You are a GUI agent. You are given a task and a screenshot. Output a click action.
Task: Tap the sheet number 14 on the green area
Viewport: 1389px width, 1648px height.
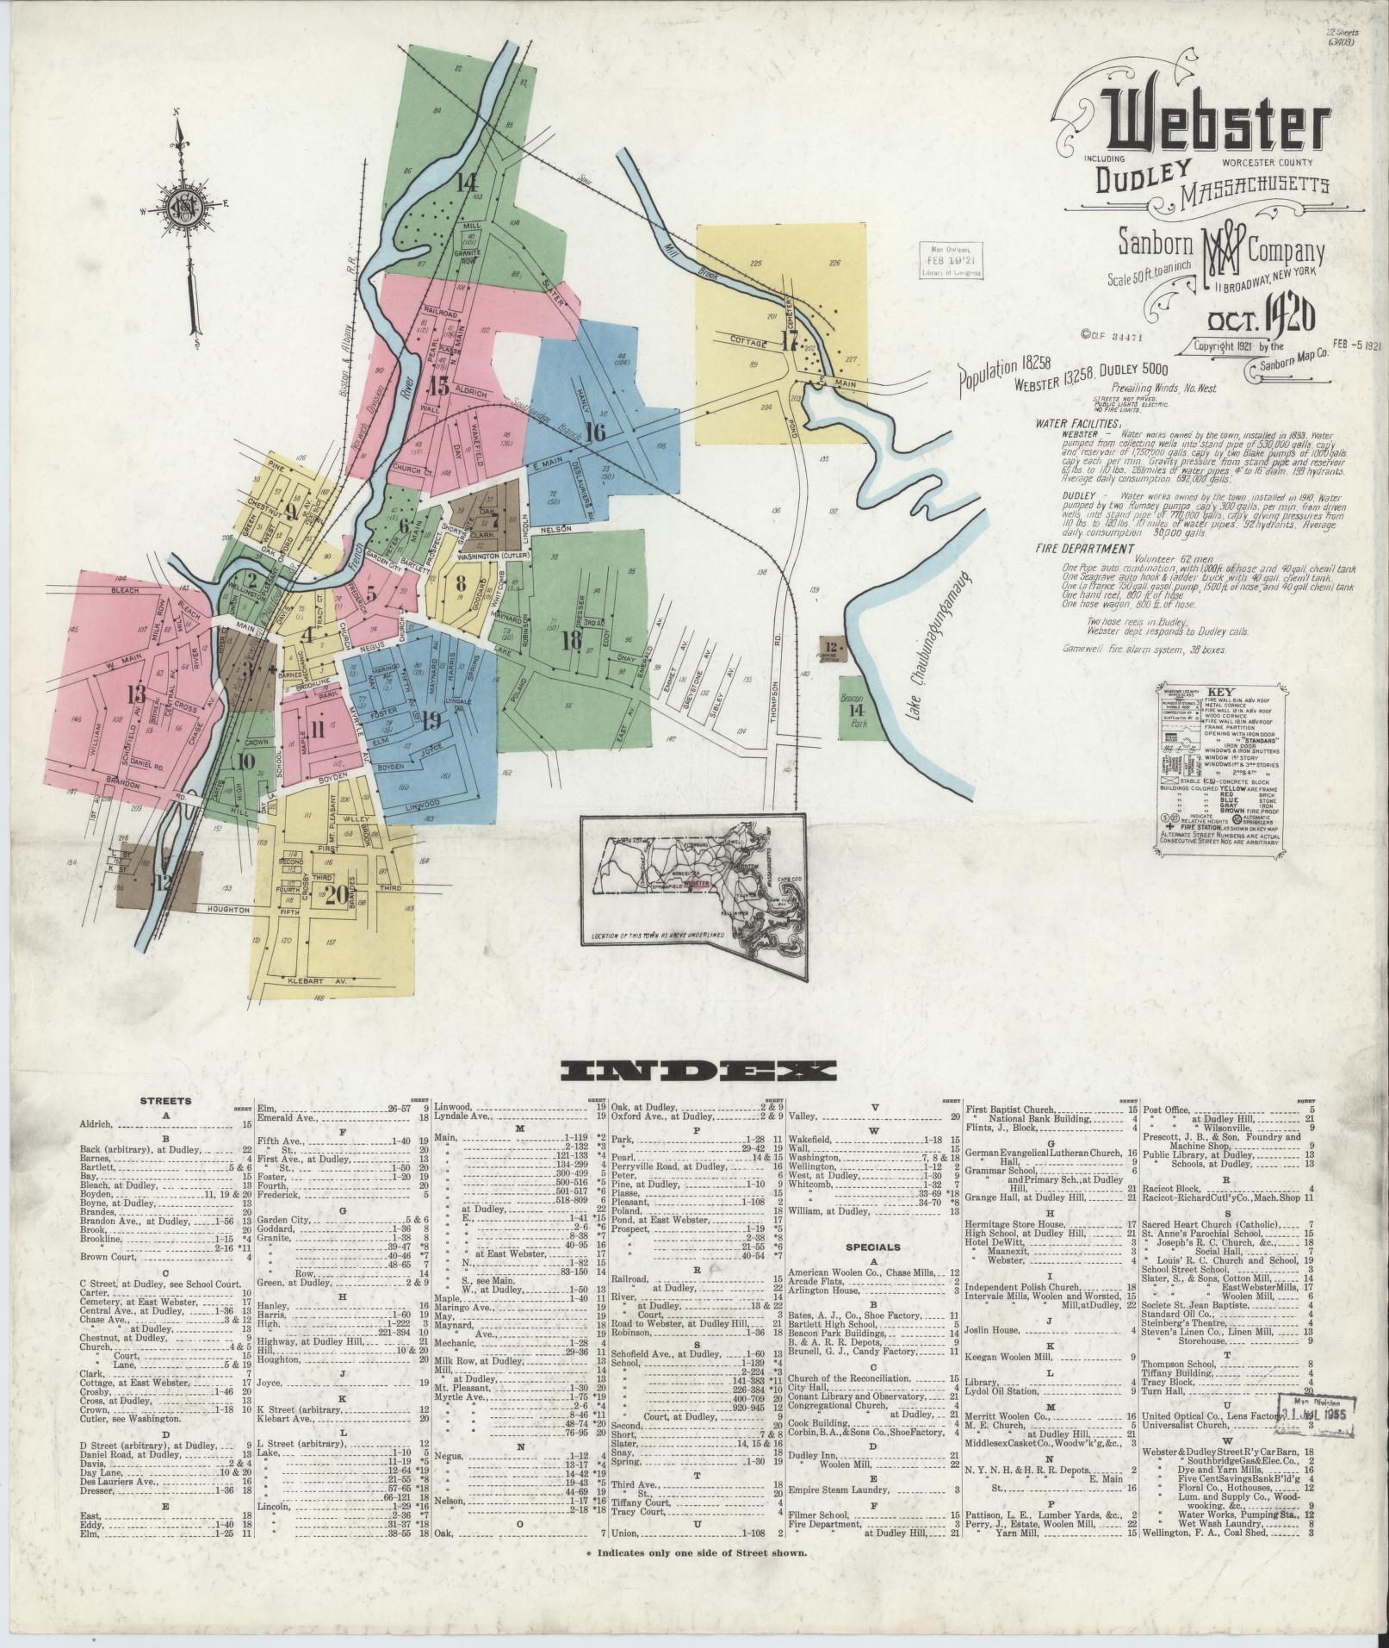click(x=467, y=183)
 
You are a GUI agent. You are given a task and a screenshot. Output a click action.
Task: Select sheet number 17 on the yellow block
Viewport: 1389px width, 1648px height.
click(x=790, y=341)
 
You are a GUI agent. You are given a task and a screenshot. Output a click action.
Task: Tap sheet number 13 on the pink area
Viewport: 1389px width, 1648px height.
click(x=134, y=694)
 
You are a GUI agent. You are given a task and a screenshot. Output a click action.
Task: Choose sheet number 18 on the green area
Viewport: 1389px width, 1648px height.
click(x=569, y=640)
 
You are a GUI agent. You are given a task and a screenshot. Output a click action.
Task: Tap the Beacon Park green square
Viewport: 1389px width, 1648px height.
click(x=853, y=711)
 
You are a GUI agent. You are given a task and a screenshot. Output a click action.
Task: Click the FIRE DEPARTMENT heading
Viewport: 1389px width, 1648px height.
click(x=1085, y=549)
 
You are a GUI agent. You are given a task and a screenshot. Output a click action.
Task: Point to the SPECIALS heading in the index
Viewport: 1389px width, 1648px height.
click(x=872, y=1247)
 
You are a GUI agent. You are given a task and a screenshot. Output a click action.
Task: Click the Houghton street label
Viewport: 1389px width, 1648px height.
click(x=226, y=910)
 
